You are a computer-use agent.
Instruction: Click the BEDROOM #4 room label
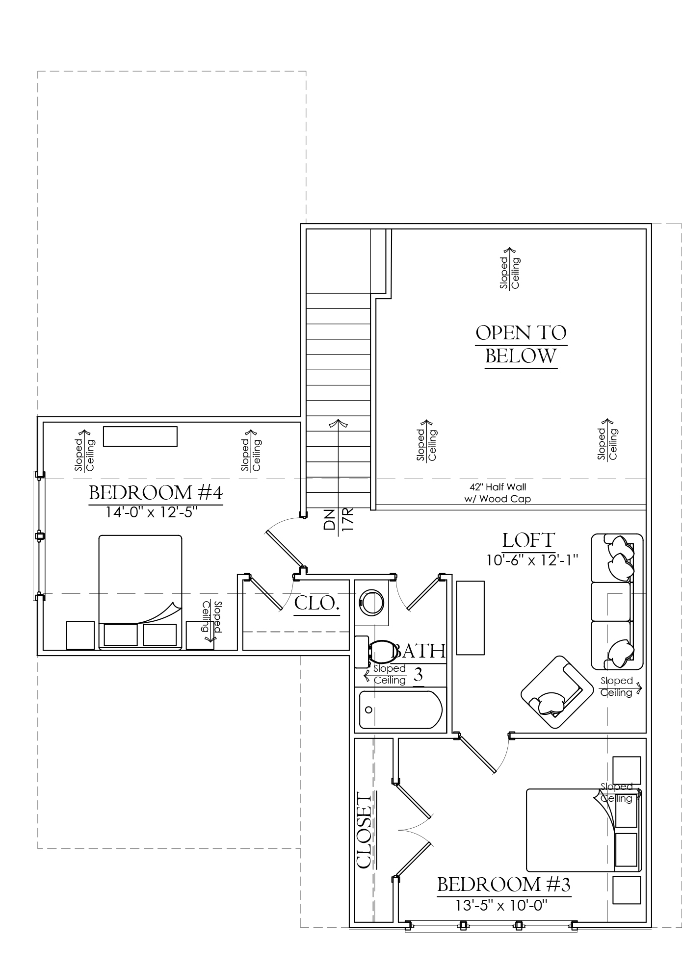(156, 493)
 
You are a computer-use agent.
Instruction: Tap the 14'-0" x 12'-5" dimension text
(152, 512)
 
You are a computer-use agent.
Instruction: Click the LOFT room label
(528, 540)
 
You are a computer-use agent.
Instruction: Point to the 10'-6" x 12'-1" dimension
(533, 559)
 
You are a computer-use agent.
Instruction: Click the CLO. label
(317, 603)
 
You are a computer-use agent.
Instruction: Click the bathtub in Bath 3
(401, 710)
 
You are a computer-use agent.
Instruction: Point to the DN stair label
(329, 519)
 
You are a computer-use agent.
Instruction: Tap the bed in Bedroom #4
(140, 592)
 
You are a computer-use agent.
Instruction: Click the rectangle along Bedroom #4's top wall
(140, 436)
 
